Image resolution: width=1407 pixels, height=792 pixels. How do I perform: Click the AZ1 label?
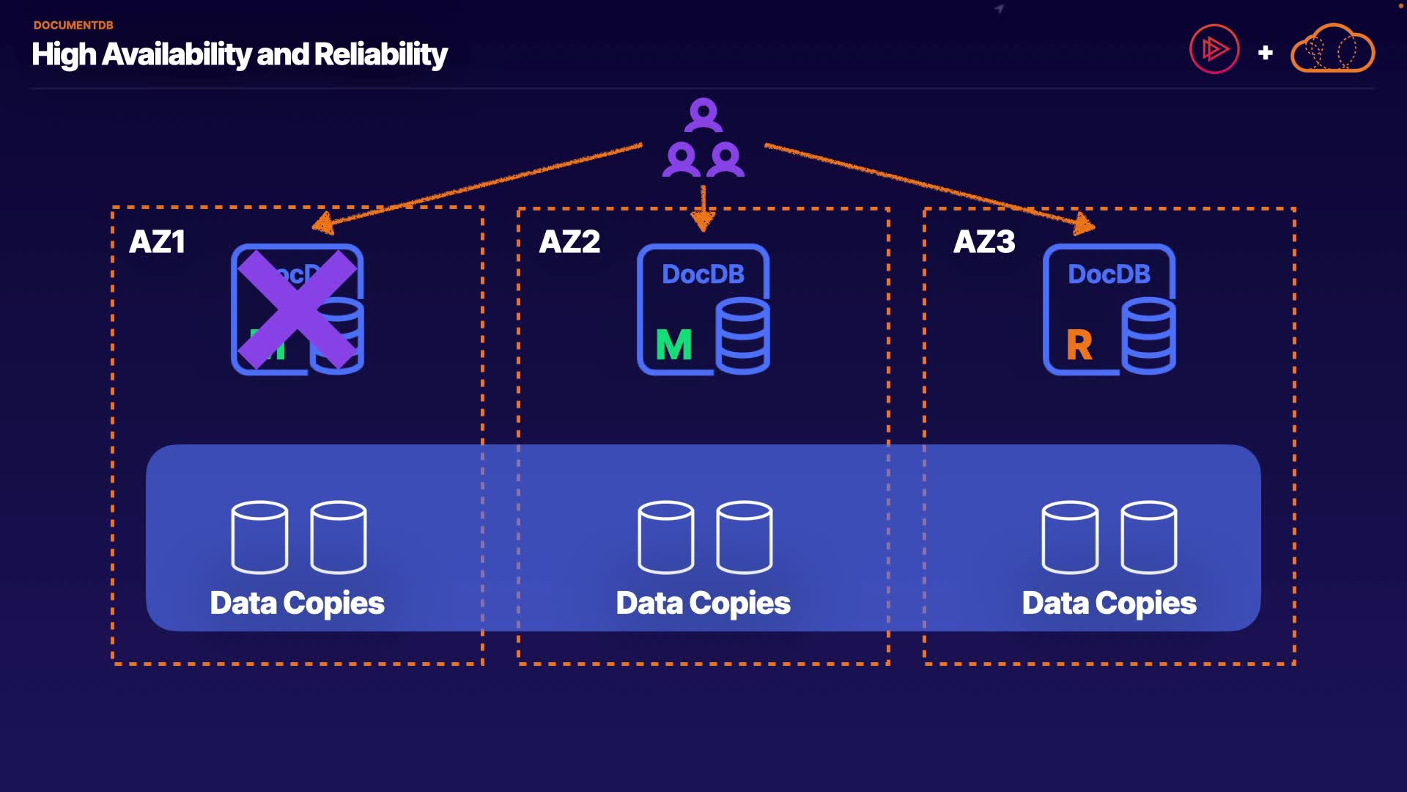click(x=157, y=242)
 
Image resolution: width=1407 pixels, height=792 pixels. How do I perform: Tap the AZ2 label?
click(x=569, y=242)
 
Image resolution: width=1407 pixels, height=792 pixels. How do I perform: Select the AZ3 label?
click(x=984, y=242)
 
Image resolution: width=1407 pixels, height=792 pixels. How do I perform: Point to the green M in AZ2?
click(x=673, y=345)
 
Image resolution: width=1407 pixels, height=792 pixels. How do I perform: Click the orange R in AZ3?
click(x=1079, y=345)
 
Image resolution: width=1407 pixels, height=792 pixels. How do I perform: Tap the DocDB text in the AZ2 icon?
click(x=703, y=274)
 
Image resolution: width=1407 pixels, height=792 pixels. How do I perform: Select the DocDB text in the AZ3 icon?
click(x=1109, y=274)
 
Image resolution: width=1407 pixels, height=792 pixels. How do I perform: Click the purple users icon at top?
click(x=703, y=139)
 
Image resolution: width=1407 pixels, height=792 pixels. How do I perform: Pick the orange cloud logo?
click(x=1332, y=50)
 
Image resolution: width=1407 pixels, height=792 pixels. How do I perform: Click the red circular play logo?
click(x=1214, y=50)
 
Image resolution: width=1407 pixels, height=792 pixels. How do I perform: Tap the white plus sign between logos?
click(x=1265, y=53)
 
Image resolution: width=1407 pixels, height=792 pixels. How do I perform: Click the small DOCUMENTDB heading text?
click(x=73, y=25)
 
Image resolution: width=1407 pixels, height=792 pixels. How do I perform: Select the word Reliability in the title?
click(x=380, y=55)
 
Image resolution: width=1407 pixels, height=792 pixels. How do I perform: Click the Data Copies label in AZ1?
click(x=297, y=604)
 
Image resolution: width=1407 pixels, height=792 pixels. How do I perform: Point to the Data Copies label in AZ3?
click(x=1109, y=604)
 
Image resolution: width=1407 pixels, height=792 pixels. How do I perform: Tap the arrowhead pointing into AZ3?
click(x=1084, y=224)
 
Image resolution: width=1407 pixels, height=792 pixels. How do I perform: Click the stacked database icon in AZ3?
click(x=1148, y=336)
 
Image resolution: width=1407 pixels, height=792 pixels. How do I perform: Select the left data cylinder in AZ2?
click(x=665, y=537)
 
